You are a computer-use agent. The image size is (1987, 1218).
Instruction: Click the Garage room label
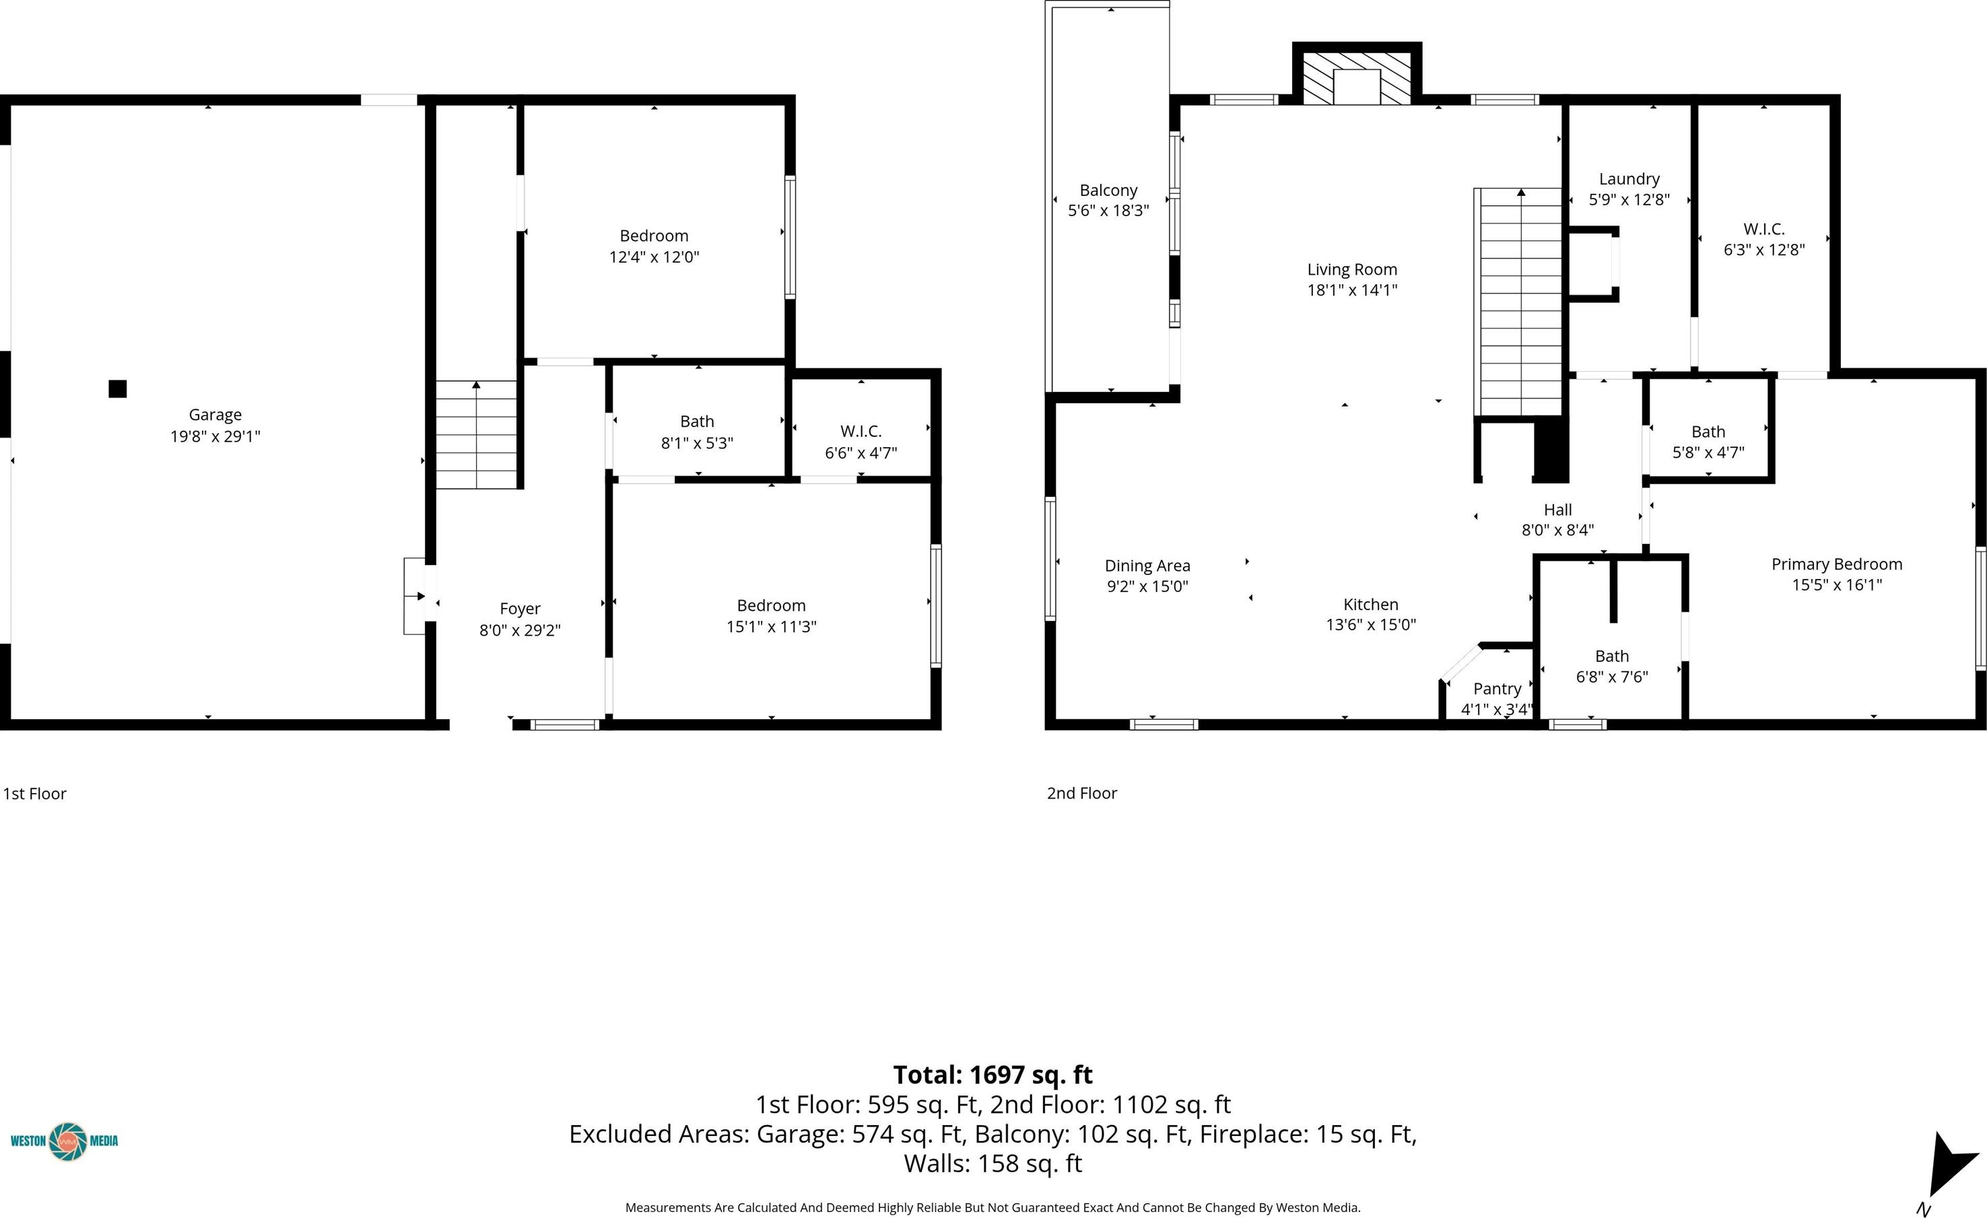pos(215,415)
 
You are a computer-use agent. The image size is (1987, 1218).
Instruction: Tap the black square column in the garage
pos(118,388)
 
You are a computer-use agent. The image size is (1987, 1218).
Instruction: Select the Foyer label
pos(520,609)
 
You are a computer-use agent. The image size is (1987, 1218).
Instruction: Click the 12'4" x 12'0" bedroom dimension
pos(654,257)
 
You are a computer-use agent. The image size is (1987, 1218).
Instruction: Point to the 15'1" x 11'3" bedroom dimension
pos(771,627)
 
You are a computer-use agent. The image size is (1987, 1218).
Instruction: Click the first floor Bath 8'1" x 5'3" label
pos(698,432)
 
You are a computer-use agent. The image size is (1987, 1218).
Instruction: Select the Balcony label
pos(1109,191)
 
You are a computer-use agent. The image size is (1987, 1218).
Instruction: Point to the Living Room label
pos(1352,269)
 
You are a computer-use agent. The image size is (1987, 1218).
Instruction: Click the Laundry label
pos(1629,179)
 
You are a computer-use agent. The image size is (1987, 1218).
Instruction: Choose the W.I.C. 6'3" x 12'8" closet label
pos(1764,240)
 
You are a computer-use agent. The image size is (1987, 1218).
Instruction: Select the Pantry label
pos(1497,689)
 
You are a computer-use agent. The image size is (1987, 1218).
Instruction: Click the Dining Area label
pos(1147,566)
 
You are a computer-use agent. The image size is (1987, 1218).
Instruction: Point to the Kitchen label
pos(1371,604)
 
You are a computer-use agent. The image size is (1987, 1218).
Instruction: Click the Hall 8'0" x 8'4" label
pos(1558,520)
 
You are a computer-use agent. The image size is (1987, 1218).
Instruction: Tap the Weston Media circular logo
pos(68,1141)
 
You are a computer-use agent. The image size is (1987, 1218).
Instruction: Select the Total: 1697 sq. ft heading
pos(992,1075)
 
